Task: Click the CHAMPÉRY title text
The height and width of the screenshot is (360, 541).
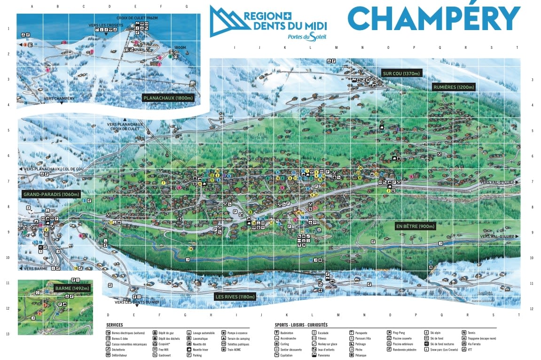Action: coord(434,19)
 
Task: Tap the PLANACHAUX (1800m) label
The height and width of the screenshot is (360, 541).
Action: coord(168,98)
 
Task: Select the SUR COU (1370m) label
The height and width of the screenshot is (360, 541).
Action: coord(401,73)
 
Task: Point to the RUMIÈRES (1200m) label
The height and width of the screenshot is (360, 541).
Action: coord(454,87)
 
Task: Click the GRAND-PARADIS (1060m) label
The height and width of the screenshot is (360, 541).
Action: coord(51,194)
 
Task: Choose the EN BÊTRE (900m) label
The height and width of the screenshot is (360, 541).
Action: coord(416,226)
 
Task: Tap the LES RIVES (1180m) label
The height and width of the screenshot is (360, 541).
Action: coord(235,297)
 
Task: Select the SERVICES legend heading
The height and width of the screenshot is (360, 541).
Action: coord(115,325)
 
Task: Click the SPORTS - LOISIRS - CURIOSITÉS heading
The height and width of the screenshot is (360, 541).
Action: coord(301,325)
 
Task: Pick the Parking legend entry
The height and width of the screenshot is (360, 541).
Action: coord(197,355)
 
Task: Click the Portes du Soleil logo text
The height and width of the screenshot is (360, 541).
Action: coord(307,37)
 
